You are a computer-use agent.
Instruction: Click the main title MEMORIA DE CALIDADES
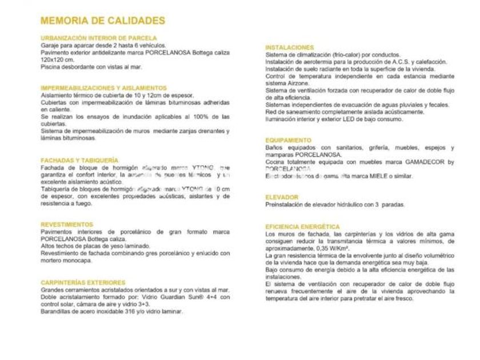pos(103,21)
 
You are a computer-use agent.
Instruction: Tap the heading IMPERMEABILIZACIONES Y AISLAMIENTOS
pos(103,88)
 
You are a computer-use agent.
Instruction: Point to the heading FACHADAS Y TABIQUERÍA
pos(79,161)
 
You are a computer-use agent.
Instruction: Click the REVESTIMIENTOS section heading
pos(67,225)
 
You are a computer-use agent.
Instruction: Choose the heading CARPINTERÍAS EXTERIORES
pos(83,282)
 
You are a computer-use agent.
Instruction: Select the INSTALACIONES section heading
pos(290,47)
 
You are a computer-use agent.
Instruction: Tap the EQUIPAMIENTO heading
pos(289,140)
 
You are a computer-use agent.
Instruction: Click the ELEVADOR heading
pos(282,197)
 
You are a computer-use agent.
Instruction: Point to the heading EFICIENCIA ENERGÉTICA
pos(303,227)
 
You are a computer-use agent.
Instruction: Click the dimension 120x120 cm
pos(58,59)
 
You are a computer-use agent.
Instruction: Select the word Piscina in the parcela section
pos(50,67)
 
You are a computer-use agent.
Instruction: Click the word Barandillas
pos(57,311)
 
